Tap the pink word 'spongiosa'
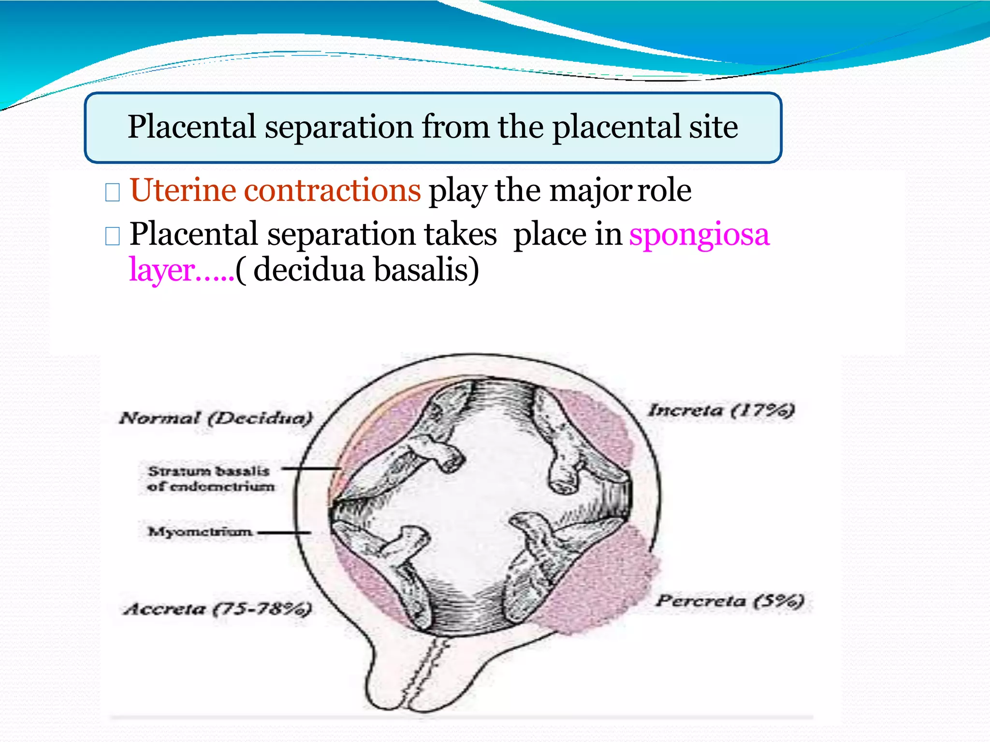[699, 235]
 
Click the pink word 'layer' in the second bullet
[162, 270]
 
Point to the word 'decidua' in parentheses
[308, 270]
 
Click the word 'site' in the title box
[713, 127]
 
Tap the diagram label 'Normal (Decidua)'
[216, 418]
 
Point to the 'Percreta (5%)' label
[729, 601]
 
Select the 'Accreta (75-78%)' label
[218, 609]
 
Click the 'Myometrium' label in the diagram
[200, 532]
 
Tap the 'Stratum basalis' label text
[209, 471]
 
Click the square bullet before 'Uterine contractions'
[112, 193]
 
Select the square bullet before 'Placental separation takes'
[112, 236]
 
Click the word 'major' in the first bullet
[590, 190]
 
